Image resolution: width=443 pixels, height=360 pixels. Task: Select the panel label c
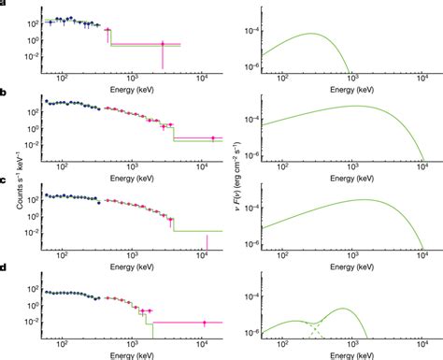tap(5, 180)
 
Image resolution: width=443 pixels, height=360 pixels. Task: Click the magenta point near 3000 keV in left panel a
tap(163, 43)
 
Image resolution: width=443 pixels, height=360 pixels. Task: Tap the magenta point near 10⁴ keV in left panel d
tap(205, 322)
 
